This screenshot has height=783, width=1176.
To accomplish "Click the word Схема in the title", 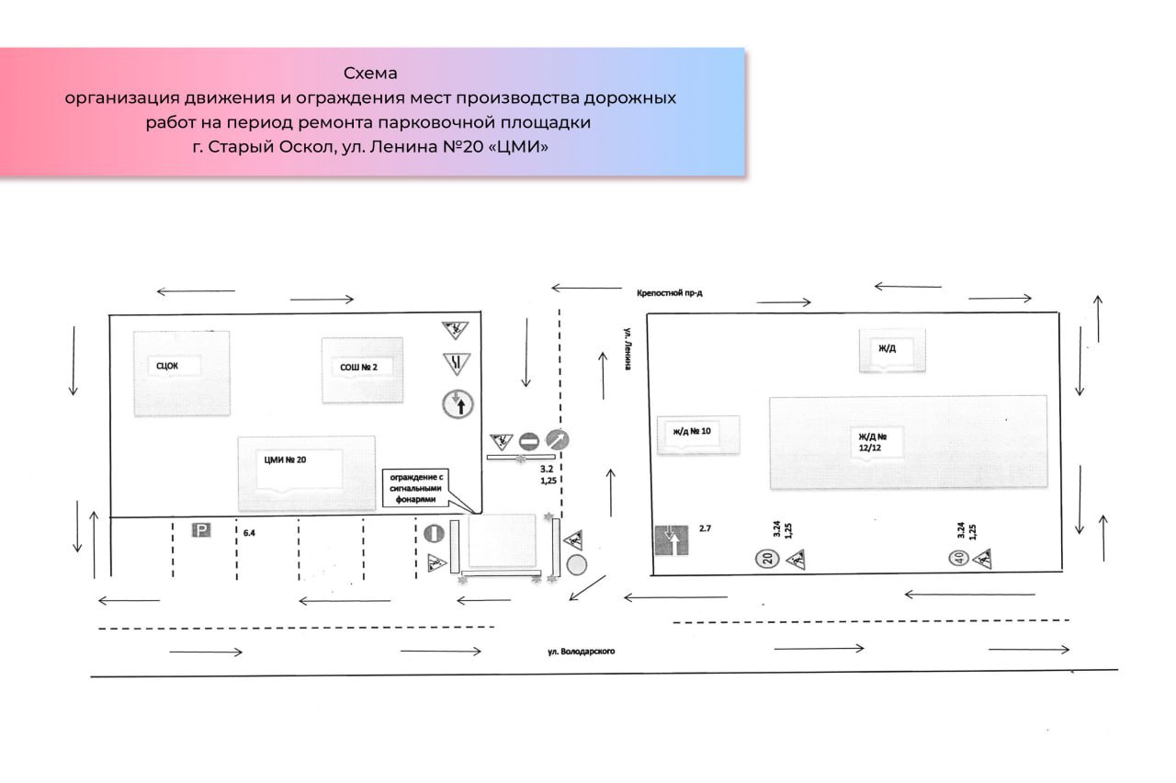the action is click(x=370, y=73).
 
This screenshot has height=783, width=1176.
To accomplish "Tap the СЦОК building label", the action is click(x=167, y=366).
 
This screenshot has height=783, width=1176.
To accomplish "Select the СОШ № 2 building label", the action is click(x=358, y=367).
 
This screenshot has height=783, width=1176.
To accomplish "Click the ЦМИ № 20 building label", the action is click(x=285, y=460).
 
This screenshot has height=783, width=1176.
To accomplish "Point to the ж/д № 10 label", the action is click(x=692, y=431).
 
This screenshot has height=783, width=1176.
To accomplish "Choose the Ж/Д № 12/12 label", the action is click(x=873, y=442).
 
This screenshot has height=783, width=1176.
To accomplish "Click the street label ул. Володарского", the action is click(x=582, y=652).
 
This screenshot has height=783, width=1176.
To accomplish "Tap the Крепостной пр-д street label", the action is click(x=670, y=293).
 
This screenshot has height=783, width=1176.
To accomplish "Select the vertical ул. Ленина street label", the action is click(x=628, y=348).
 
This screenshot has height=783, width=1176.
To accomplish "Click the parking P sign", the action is click(x=201, y=530).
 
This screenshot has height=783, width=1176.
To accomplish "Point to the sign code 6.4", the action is click(x=249, y=533).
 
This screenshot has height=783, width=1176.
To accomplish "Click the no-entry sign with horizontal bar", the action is click(x=529, y=441).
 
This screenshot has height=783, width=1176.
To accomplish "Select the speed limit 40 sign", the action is click(x=958, y=558).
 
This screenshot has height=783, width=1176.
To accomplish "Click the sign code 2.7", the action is click(x=705, y=528).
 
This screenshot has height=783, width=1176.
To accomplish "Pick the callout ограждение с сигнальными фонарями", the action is click(x=416, y=488).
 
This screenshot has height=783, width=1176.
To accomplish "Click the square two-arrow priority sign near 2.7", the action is click(x=672, y=539).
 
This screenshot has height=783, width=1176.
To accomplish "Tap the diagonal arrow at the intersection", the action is click(x=587, y=588).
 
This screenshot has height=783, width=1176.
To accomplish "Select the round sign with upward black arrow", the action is click(x=458, y=404).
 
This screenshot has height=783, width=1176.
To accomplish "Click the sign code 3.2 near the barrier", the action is click(x=547, y=469).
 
